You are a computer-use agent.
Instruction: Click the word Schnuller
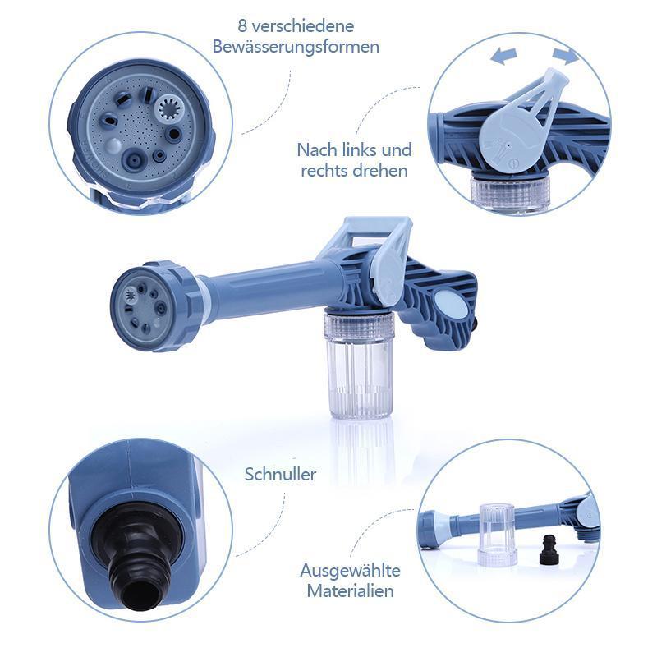[x=280, y=475]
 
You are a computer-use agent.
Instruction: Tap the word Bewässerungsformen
[x=296, y=47]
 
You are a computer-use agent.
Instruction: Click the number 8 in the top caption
[x=242, y=26]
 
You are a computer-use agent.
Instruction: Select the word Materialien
[x=351, y=590]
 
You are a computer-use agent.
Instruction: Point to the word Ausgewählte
[x=351, y=571]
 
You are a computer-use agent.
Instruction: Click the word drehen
[x=380, y=171]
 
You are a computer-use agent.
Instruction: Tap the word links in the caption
[x=356, y=150]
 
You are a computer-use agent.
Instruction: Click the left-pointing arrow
[x=503, y=56]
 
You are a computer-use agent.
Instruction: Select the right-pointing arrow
[x=566, y=55]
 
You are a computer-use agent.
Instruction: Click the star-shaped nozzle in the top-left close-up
[x=172, y=109]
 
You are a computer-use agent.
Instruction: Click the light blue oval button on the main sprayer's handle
[x=450, y=305]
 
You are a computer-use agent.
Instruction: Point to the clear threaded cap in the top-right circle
[x=510, y=193]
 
